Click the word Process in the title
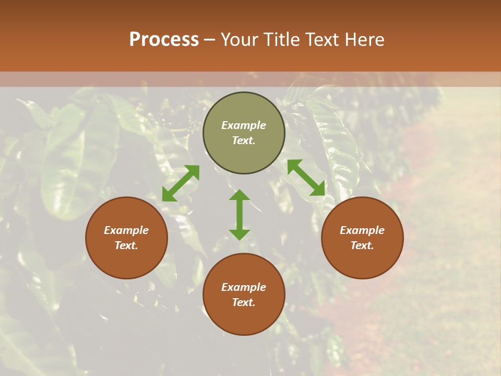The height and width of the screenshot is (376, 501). [x=164, y=40]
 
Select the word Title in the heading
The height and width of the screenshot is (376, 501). [x=282, y=40]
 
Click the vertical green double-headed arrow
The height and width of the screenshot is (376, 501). [x=240, y=215]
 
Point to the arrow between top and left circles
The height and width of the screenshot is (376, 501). [x=181, y=183]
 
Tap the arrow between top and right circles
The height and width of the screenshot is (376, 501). [x=306, y=178]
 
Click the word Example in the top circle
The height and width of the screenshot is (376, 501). [x=244, y=125]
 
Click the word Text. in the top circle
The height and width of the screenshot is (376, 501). [x=244, y=140]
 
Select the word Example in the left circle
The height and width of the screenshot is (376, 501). [x=126, y=230]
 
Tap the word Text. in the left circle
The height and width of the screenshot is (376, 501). [x=126, y=245]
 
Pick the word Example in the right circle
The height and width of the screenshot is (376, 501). [x=362, y=230]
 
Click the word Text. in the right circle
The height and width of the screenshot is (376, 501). [x=362, y=245]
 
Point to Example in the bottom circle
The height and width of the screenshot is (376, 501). [x=244, y=287]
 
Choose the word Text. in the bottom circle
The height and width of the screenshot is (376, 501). [x=244, y=302]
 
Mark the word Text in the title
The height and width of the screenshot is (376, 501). [x=322, y=40]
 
